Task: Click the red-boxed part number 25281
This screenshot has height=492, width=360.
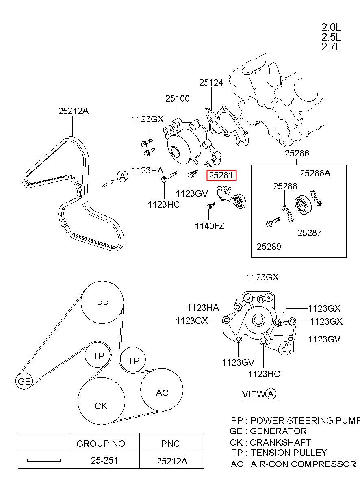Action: coord(221,175)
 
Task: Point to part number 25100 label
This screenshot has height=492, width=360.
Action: coord(177,98)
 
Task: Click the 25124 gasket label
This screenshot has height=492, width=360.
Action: coord(211,82)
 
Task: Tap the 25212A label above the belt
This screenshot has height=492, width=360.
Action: coord(74,111)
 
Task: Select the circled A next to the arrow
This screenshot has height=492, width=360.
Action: coord(123,177)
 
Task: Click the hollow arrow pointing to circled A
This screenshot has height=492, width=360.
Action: coord(108,184)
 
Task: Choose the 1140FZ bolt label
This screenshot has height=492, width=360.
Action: coord(210,226)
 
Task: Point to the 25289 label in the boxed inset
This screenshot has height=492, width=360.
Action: coord(269,247)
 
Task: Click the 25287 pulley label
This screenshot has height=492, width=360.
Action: coord(309,233)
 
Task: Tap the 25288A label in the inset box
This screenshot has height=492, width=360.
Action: coord(315,173)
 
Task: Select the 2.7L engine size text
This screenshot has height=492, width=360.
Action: coord(331,47)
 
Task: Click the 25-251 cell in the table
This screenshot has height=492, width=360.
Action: coord(104,461)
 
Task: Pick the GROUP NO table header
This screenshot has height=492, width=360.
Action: coord(101,444)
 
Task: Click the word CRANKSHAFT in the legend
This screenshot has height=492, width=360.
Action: coord(280,442)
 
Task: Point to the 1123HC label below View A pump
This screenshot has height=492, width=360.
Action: coord(264,374)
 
